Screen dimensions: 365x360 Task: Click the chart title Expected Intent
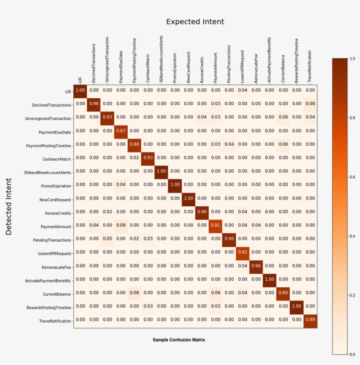tap(195, 21)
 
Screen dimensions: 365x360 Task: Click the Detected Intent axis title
tap(9, 206)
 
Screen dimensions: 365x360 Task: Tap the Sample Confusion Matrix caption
tap(179, 340)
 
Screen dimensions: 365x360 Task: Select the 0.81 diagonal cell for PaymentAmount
tap(215, 225)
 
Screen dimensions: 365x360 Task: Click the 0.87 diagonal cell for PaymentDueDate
tap(121, 131)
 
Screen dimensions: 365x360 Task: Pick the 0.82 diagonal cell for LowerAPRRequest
tap(242, 252)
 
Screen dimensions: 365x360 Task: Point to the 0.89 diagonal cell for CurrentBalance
tap(283, 293)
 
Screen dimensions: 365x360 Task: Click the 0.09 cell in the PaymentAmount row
tap(121, 225)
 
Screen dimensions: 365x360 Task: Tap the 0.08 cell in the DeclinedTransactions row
tap(310, 104)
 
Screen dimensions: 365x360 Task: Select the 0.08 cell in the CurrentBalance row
tap(134, 293)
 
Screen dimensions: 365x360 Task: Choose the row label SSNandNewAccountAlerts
tap(48, 172)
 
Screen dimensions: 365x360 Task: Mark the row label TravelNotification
tap(54, 321)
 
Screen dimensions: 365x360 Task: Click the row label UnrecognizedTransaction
tap(48, 118)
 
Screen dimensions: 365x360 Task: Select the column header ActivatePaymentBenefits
tap(270, 60)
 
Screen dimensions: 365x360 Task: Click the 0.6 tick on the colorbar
tap(350, 177)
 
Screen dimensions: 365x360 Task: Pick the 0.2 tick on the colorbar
tap(350, 295)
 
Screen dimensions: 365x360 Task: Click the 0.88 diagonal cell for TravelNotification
tap(310, 320)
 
